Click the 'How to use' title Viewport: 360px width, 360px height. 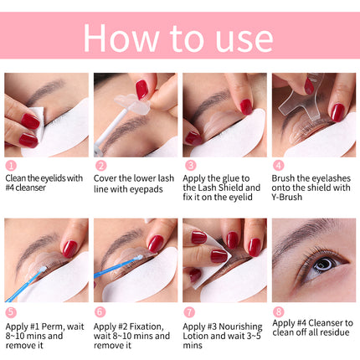[179, 37]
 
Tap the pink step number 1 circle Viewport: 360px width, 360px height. [11, 166]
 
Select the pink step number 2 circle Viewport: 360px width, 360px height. [100, 166]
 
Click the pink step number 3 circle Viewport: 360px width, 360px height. [190, 166]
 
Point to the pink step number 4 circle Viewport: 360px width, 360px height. [279, 166]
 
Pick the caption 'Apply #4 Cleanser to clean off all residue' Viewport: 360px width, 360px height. [313, 328]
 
